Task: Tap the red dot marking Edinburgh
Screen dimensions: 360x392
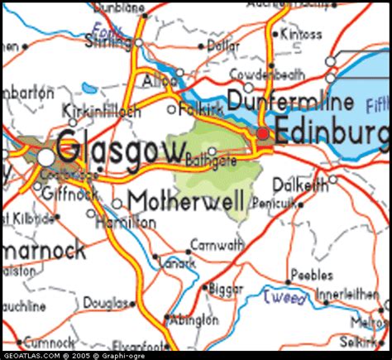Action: pyautogui.click(x=262, y=133)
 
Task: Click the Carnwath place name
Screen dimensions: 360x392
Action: pyautogui.click(x=217, y=245)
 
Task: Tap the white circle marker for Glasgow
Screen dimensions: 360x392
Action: pyautogui.click(x=46, y=156)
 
